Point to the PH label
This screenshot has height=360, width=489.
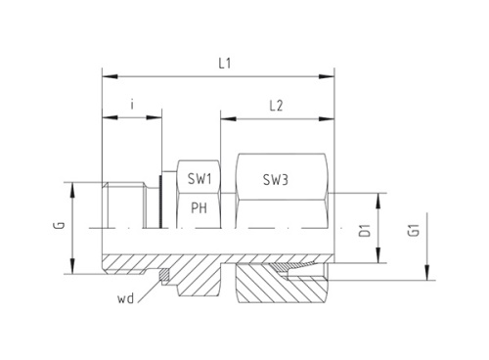point(199,207)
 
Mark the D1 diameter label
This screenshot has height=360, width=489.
point(364,230)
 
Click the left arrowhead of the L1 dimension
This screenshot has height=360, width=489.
point(107,75)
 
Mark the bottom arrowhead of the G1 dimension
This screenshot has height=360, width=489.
point(427,277)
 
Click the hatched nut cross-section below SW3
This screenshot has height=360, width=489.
point(284,289)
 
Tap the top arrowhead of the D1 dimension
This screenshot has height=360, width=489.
point(378,195)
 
